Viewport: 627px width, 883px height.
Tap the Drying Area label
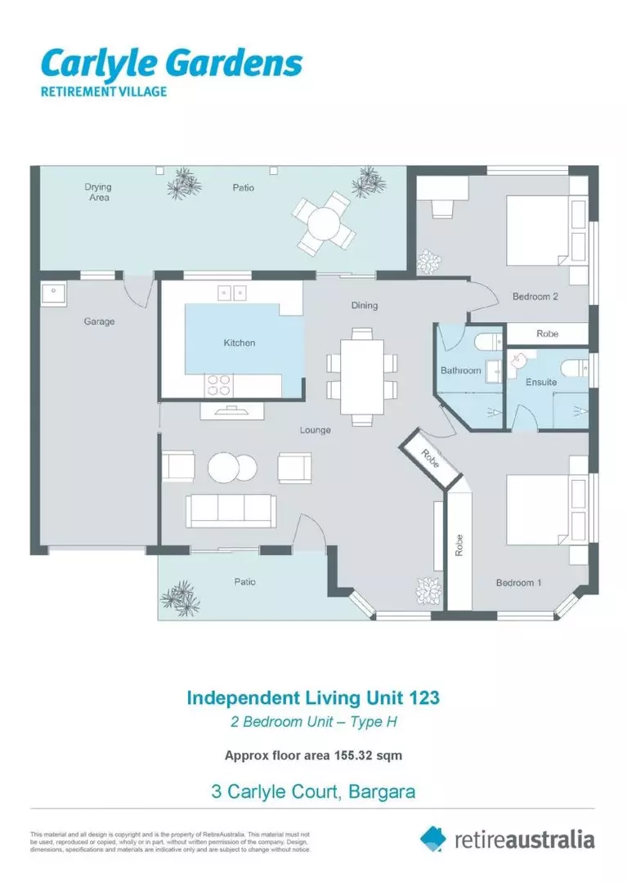[97, 192]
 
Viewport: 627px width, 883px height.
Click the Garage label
[99, 321]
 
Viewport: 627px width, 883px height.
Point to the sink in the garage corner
[53, 293]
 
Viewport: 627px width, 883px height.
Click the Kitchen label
[239, 343]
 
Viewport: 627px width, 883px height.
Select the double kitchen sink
[232, 292]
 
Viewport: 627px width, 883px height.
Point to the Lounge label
[315, 430]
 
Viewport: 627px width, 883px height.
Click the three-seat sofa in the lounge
[231, 510]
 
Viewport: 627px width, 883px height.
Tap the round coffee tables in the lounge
[232, 468]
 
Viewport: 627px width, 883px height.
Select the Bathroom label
[460, 370]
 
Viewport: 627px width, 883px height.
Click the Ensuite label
[540, 382]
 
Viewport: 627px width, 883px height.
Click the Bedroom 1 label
[518, 583]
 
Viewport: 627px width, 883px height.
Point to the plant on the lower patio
[179, 598]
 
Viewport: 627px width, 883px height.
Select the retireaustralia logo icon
[434, 839]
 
